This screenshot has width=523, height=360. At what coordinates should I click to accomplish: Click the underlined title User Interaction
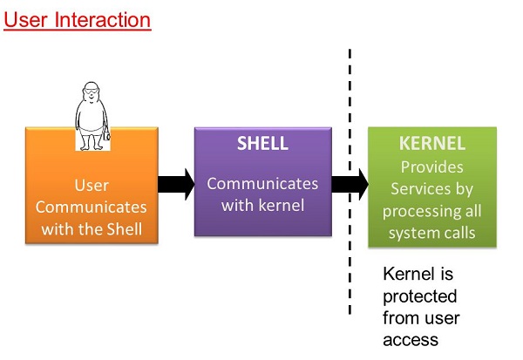pyautogui.click(x=78, y=19)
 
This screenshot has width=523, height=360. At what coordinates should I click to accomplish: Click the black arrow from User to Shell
pyautogui.click(x=175, y=184)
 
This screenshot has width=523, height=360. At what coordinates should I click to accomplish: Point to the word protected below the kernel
pyautogui.click(x=420, y=296)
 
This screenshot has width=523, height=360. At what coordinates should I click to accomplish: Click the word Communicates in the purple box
pyautogui.click(x=262, y=184)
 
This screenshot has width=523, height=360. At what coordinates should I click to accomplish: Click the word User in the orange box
pyautogui.click(x=92, y=186)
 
